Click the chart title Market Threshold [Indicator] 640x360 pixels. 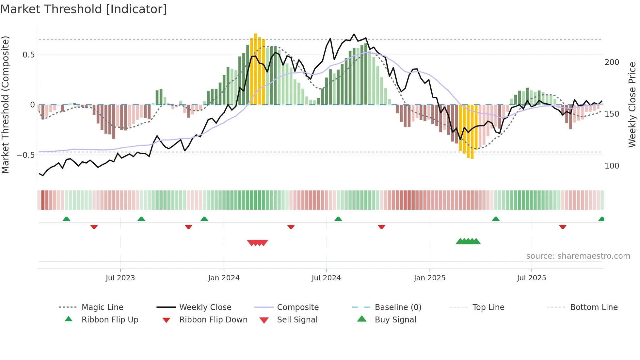84,9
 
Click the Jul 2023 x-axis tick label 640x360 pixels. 120,278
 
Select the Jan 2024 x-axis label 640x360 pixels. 224,278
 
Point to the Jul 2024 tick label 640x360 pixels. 326,278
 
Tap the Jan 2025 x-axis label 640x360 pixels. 429,278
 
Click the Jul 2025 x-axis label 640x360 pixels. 531,278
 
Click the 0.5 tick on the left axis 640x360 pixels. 29,55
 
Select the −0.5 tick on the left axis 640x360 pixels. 26,155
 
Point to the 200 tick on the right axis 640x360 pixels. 612,62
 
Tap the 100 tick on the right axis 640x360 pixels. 612,166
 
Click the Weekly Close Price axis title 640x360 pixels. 632,105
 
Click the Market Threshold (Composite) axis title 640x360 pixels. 5,105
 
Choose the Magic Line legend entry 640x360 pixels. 102,307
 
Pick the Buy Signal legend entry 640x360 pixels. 395,320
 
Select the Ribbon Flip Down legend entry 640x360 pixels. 213,320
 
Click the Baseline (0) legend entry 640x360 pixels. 398,307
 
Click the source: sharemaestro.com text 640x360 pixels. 578,256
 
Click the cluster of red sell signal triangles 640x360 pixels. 257,243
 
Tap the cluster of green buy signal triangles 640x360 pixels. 468,241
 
